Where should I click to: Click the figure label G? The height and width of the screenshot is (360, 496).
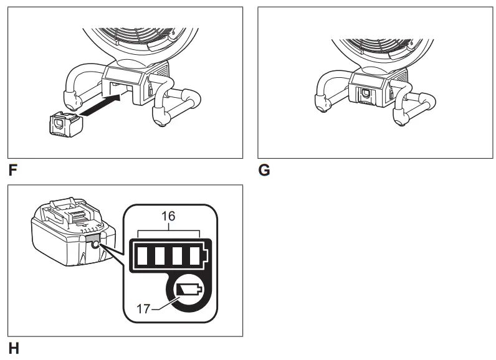(264, 169)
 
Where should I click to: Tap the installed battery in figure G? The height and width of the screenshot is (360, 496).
(365, 92)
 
